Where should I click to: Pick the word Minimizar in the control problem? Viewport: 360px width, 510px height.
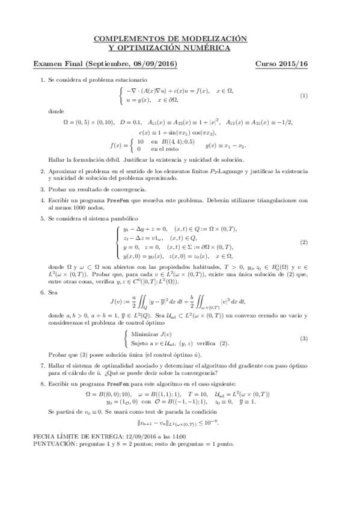tap(147, 334)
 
